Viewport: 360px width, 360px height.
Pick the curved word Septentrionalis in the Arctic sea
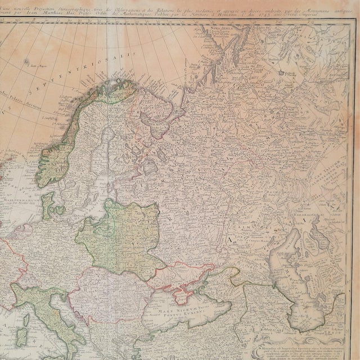click(93, 70)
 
